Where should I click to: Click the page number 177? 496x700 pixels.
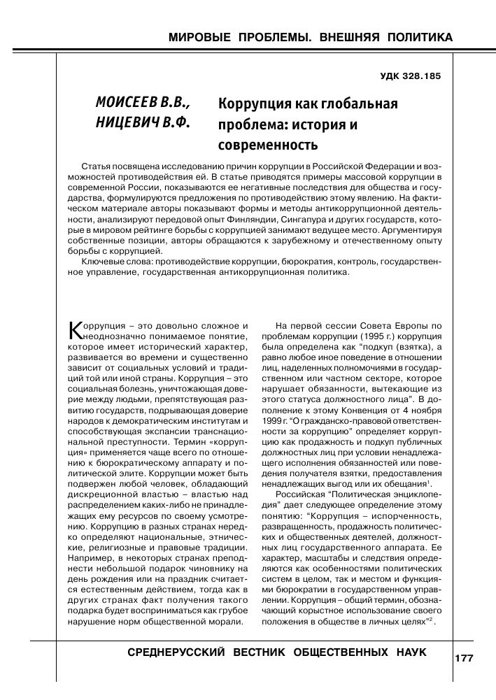coord(465,659)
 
